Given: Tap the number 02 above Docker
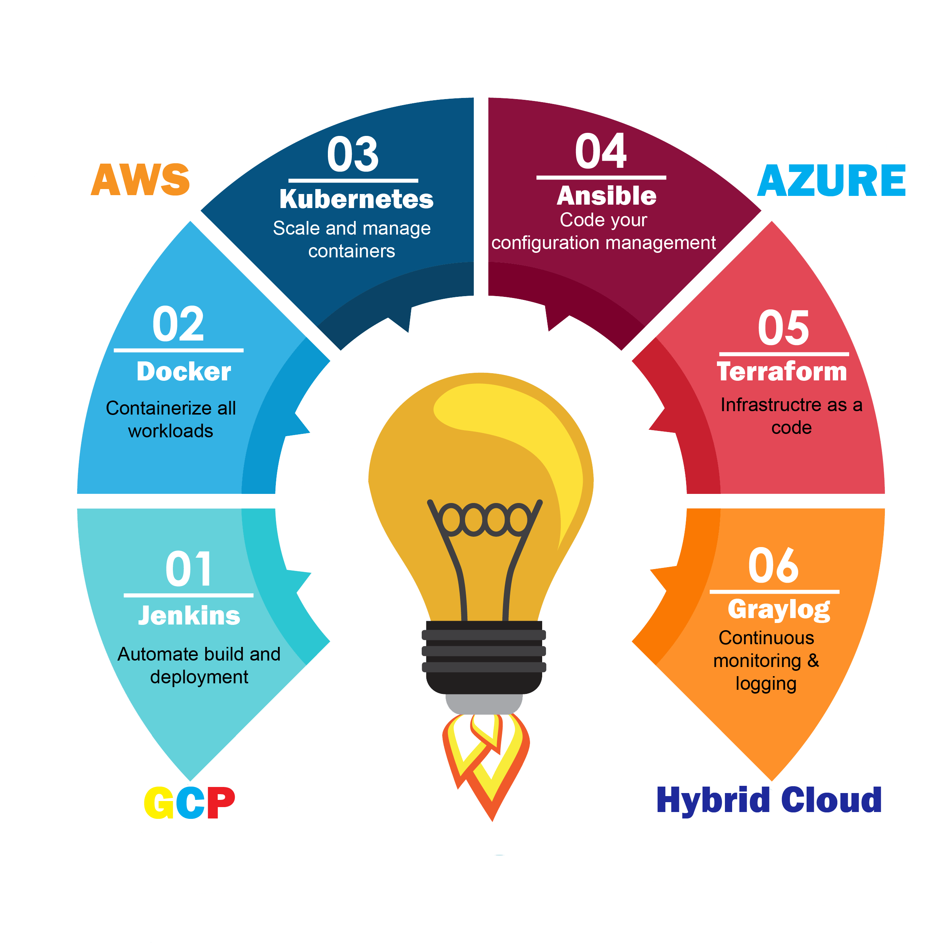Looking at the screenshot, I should click(x=178, y=324).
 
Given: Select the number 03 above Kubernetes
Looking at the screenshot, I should click(x=353, y=155).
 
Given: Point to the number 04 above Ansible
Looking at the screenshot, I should click(x=601, y=151).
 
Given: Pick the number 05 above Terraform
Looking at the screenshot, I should click(x=783, y=328).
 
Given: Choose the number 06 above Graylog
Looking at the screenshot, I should click(x=774, y=566).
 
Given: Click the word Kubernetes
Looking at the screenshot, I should click(x=356, y=199).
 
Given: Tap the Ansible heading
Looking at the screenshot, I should click(x=606, y=196).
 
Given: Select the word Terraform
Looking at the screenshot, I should click(x=782, y=371).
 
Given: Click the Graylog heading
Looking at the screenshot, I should click(x=779, y=609).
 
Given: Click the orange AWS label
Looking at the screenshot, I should click(x=140, y=180).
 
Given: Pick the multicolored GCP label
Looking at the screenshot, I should click(x=190, y=803).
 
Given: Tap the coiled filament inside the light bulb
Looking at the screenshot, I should click(x=485, y=519).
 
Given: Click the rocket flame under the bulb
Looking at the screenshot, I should click(x=485, y=762).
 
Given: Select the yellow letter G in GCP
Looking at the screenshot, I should click(x=159, y=803).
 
